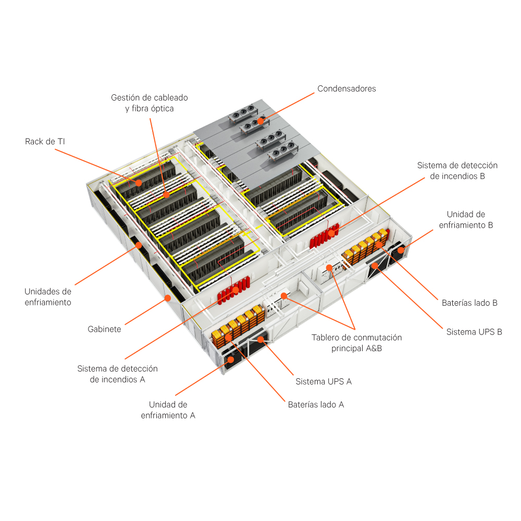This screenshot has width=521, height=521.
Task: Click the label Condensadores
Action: (346, 89)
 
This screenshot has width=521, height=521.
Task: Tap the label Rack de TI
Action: (45, 141)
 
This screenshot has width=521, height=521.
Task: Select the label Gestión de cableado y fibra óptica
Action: (149, 103)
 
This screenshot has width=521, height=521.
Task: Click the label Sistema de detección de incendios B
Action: (457, 171)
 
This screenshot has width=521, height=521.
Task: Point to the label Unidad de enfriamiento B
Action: (466, 220)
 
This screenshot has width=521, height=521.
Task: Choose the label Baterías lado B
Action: (469, 302)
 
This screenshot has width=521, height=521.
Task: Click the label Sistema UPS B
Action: (474, 331)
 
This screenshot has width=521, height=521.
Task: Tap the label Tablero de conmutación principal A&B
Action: (356, 343)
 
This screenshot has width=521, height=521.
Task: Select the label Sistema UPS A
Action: (324, 381)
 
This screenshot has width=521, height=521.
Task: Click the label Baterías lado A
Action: (316, 404)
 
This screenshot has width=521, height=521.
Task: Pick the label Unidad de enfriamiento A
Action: (168, 410)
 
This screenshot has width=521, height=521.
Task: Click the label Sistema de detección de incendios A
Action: (117, 374)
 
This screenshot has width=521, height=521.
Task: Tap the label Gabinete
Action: (104, 329)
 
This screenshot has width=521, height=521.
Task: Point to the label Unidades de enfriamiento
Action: (48, 297)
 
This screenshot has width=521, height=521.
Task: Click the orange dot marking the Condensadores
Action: (260, 121)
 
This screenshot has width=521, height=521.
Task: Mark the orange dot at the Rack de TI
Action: (139, 182)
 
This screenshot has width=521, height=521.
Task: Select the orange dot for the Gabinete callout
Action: (167, 298)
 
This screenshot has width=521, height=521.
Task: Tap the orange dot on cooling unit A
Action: (231, 359)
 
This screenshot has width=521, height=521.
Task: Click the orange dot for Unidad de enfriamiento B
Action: (401, 250)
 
